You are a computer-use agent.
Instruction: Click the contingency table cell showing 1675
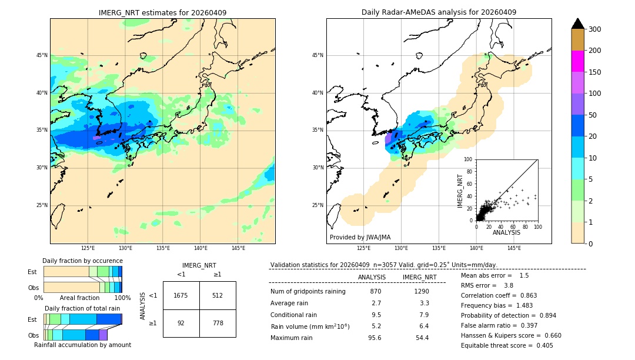click(181, 295)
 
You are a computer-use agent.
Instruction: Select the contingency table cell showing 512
click(218, 295)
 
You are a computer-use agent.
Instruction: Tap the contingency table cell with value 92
click(181, 323)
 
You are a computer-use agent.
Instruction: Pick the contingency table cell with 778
click(218, 323)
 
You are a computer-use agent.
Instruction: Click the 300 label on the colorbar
click(595, 29)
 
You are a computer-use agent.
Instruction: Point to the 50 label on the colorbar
click(593, 115)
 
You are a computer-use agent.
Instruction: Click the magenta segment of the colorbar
click(577, 61)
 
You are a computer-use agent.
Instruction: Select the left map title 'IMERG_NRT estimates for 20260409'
click(162, 12)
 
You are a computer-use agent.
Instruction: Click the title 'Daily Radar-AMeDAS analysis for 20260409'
click(439, 12)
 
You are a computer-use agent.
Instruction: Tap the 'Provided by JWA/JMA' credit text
click(360, 237)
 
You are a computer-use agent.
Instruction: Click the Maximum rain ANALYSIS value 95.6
click(375, 338)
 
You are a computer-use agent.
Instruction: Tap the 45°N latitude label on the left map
click(42, 55)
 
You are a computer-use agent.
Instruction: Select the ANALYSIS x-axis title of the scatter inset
click(506, 232)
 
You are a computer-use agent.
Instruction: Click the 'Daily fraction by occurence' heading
click(82, 261)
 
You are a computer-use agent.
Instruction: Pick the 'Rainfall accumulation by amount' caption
click(82, 345)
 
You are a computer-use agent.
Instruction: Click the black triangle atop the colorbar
click(577, 24)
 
